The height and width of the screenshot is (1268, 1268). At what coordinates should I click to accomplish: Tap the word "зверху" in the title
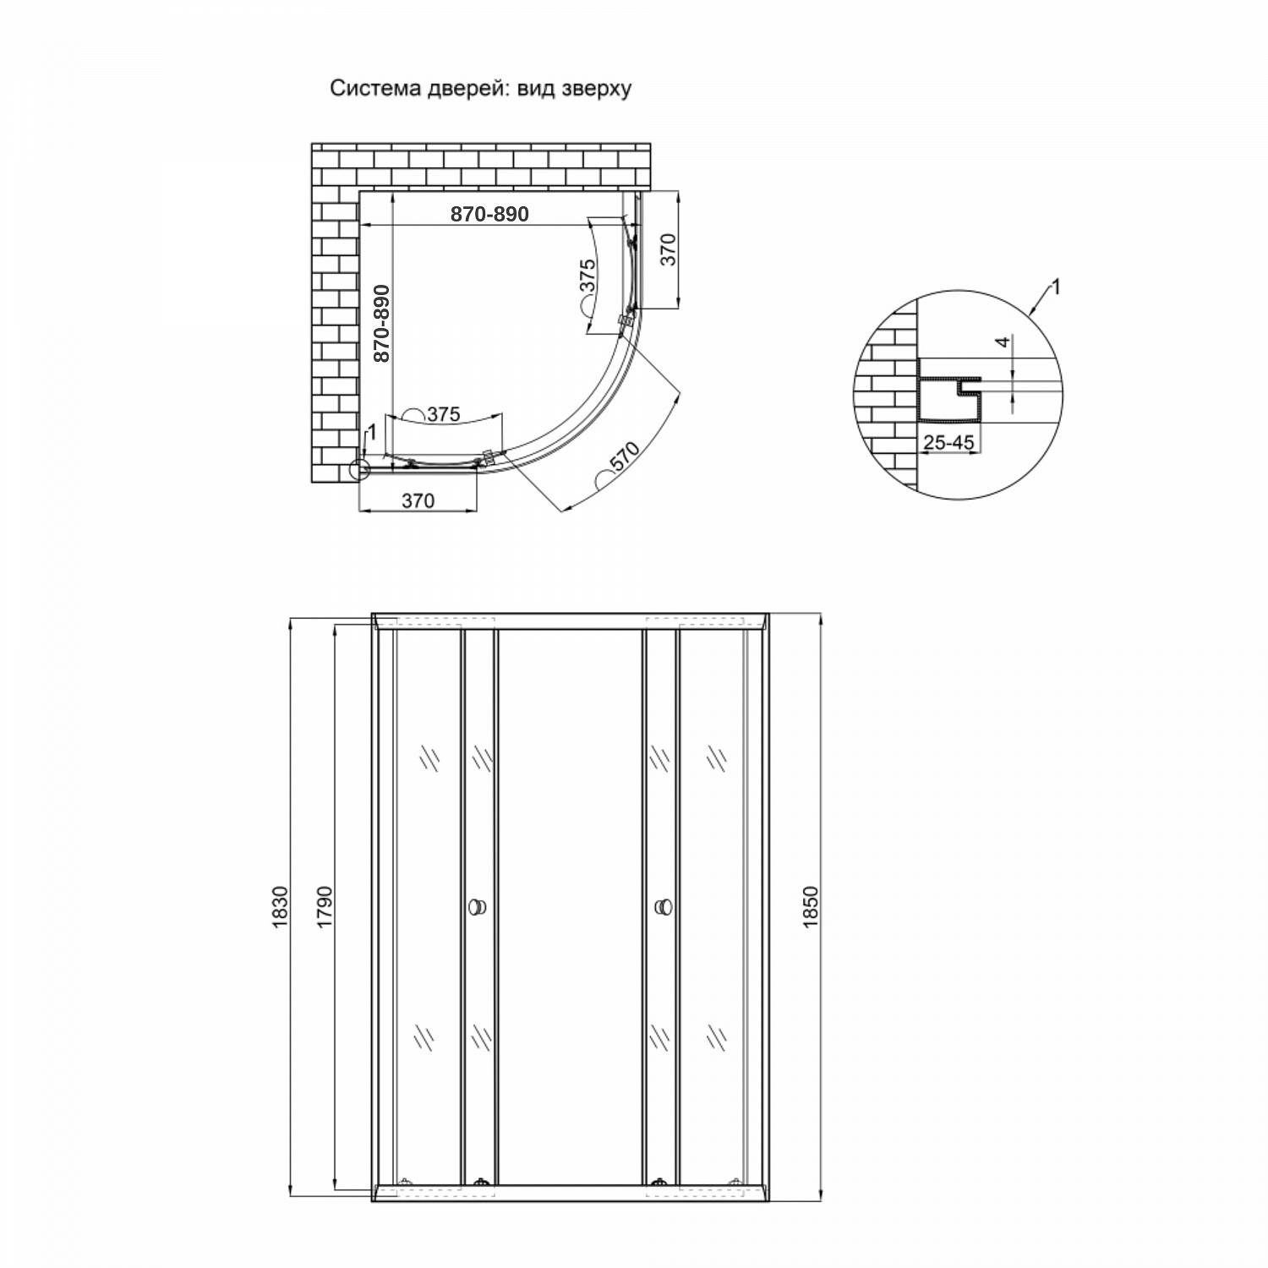[596, 90]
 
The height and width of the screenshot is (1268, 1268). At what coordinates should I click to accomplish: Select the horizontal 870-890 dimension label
[489, 215]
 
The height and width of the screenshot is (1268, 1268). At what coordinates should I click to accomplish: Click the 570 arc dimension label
[624, 460]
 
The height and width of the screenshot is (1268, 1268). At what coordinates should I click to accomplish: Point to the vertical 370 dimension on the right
[668, 249]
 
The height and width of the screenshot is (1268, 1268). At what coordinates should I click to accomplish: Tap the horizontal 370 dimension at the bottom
[418, 500]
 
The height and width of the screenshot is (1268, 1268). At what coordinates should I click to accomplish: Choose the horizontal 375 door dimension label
[442, 414]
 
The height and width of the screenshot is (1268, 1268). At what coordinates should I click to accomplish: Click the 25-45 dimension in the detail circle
[948, 441]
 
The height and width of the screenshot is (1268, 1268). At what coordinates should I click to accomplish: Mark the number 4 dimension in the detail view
[1003, 343]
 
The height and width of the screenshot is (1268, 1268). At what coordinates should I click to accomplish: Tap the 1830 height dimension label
[281, 909]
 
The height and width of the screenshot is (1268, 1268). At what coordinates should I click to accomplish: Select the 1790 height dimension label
[326, 909]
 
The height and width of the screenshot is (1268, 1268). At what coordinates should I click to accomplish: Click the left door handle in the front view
[478, 907]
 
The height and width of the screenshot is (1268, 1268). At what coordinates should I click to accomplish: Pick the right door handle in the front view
[664, 907]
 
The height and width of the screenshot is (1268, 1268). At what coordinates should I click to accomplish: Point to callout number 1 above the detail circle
[1054, 287]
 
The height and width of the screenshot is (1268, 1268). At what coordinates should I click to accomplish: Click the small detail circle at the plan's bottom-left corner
[360, 470]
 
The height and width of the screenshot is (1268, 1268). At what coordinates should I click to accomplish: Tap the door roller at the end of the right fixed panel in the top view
[626, 322]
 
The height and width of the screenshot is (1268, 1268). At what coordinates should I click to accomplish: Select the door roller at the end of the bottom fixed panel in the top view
[488, 457]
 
